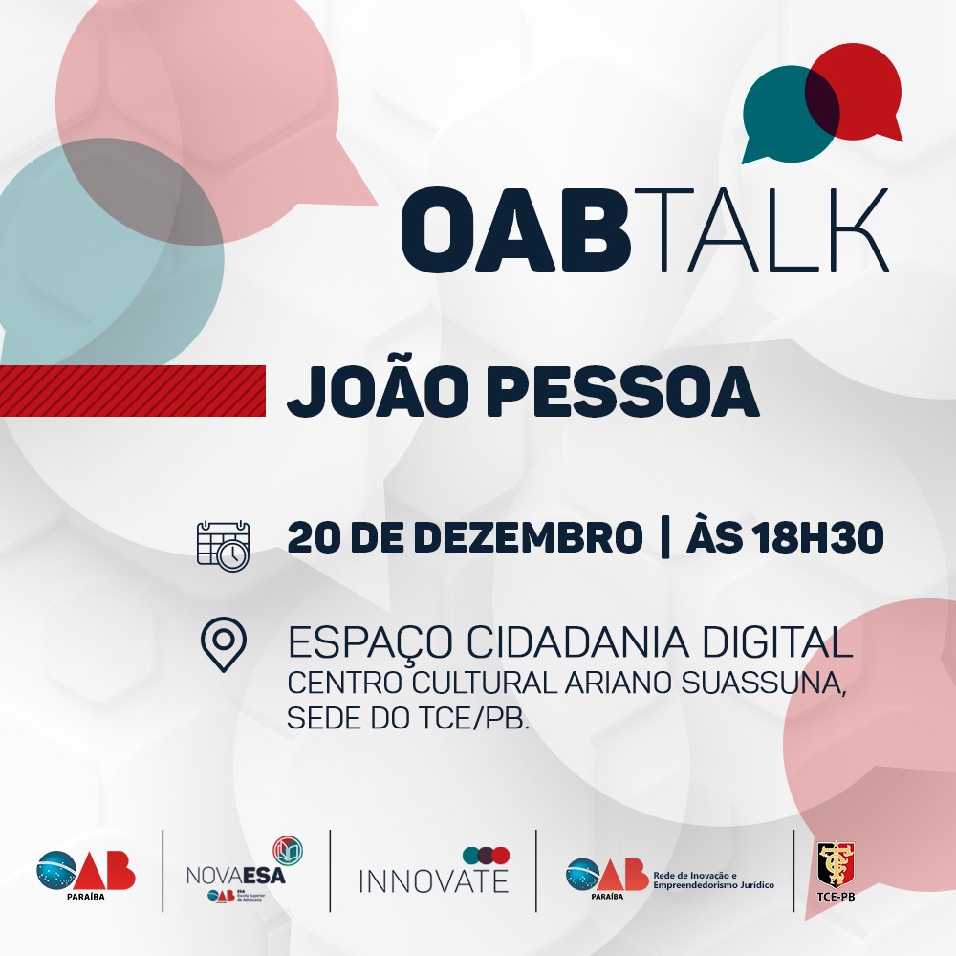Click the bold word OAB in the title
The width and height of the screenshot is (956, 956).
point(515,228)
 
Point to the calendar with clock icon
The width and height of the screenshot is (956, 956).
point(223,546)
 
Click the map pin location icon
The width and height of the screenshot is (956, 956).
point(224,644)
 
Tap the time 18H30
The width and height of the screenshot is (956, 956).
point(817,537)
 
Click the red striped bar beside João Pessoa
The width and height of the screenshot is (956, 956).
point(133,391)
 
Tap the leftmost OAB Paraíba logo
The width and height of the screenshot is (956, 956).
point(86,874)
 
